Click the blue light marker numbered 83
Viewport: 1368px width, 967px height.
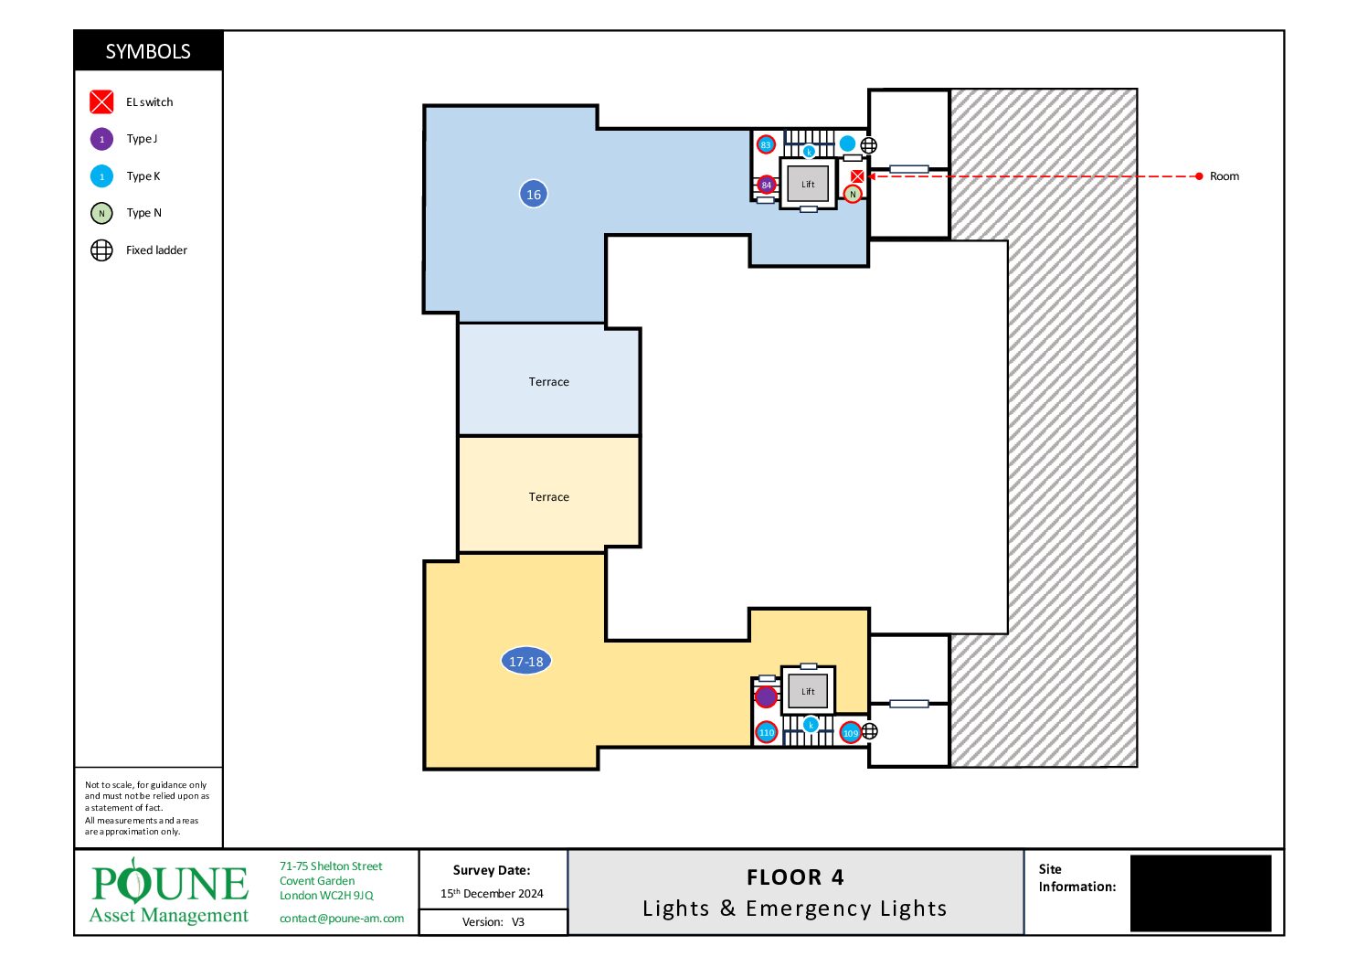click(x=766, y=144)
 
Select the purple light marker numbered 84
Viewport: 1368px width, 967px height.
click(x=766, y=185)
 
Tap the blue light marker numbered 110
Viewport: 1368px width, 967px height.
click(x=767, y=732)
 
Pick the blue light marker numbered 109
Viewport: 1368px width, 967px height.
click(x=850, y=732)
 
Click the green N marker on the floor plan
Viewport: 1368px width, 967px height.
click(x=853, y=195)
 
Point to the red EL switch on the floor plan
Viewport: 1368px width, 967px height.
click(x=857, y=176)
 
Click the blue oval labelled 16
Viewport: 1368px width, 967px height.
click(x=533, y=195)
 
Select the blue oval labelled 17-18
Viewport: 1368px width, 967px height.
click(x=525, y=661)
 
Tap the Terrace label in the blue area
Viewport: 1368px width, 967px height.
click(x=548, y=382)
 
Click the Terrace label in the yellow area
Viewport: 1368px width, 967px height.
click(x=548, y=497)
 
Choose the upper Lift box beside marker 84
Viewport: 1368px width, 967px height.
click(x=807, y=184)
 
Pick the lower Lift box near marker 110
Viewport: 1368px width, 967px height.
click(x=807, y=691)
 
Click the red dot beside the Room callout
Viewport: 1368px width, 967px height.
click(x=1199, y=175)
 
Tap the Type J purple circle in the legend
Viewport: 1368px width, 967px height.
click(x=101, y=139)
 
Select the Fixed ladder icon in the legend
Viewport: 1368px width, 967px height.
click(x=101, y=250)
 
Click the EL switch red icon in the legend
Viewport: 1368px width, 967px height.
click(x=101, y=102)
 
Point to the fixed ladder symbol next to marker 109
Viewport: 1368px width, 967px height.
click(x=870, y=731)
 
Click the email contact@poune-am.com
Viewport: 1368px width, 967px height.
click(x=342, y=919)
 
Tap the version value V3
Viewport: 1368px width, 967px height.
click(x=518, y=922)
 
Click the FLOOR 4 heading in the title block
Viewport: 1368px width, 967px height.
click(x=795, y=877)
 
